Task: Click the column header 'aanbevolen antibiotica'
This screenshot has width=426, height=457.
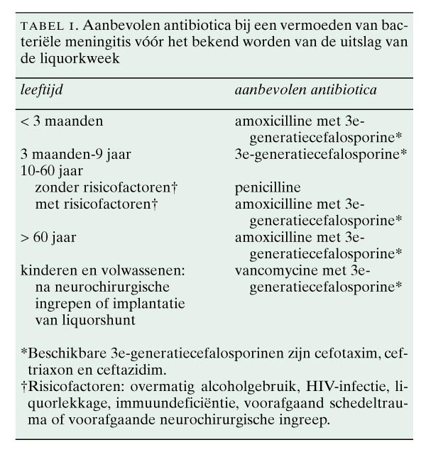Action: coord(305,92)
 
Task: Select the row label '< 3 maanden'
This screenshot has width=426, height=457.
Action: coord(62,121)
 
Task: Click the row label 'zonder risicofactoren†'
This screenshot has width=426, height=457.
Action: coord(107,188)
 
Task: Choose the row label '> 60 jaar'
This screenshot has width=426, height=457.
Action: coord(48,238)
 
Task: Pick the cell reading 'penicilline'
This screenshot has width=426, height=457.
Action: coord(268,188)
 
